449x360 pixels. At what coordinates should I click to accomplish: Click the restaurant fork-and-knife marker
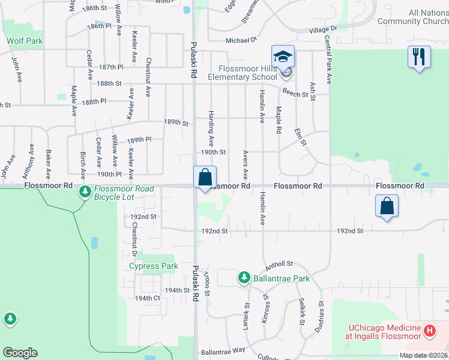pos(419,58)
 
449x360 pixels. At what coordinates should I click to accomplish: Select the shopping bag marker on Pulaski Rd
pos(205,178)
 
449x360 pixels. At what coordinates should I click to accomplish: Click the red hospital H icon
pos(429,330)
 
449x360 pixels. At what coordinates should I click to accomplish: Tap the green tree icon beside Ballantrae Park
pos(244,278)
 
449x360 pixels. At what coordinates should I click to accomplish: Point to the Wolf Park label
pos(25,41)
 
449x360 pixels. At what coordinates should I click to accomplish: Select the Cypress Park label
pos(154,266)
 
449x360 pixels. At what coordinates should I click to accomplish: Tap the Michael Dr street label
pos(241,40)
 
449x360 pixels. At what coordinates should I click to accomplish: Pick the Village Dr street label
pos(324,29)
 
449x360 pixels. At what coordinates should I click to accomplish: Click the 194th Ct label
pos(148,298)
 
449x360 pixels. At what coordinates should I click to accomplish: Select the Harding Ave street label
pos(211,128)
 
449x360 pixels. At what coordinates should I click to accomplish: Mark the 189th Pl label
pos(139,140)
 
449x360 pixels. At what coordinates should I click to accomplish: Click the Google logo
pos(20,353)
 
